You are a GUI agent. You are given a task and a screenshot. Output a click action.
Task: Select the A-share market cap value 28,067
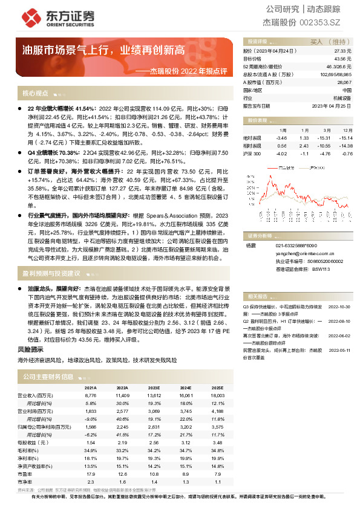tap(342, 82)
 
